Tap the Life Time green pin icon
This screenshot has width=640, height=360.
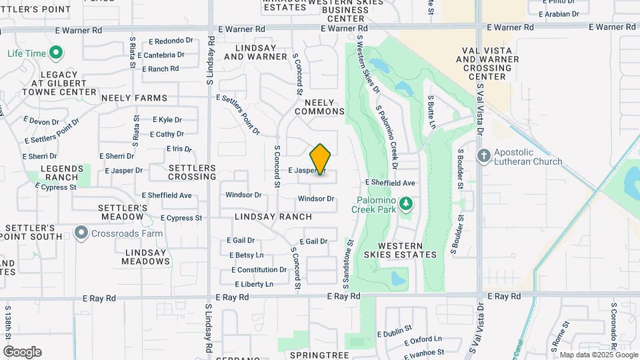click(x=56, y=53)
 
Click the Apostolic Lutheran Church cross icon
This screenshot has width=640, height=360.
click(x=485, y=155)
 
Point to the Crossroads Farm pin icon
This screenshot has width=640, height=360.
click(x=81, y=233)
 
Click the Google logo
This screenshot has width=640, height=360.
click(x=22, y=352)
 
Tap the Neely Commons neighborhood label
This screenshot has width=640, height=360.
click(x=324, y=107)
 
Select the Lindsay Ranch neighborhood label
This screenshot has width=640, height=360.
click(x=273, y=217)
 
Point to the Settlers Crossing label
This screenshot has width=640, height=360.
click(x=193, y=172)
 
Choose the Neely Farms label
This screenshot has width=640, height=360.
click(x=134, y=98)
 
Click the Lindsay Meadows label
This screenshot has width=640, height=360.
click(x=146, y=257)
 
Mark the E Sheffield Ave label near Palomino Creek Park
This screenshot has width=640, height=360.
click(x=390, y=183)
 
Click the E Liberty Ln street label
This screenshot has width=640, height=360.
click(x=252, y=284)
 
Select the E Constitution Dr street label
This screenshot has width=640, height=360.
click(x=259, y=270)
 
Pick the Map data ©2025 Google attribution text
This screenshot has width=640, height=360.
click(x=598, y=355)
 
